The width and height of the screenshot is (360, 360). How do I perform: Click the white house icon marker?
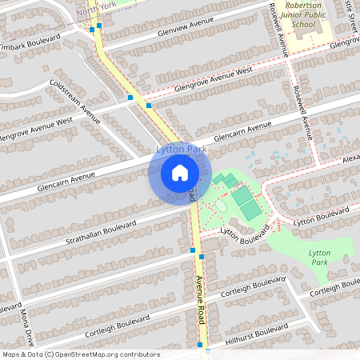180,173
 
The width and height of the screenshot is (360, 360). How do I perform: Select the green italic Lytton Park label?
319,257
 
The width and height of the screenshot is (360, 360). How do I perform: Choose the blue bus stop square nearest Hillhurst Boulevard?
200,344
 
